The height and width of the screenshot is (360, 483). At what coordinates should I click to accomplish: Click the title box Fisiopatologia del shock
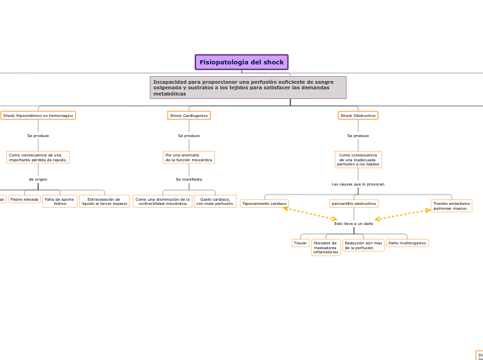click(241, 62)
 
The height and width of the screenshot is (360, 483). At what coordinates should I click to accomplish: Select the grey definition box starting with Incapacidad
click(247, 88)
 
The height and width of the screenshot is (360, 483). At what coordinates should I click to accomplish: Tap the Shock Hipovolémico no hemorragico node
click(38, 116)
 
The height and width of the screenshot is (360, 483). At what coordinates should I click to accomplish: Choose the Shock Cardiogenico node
click(188, 116)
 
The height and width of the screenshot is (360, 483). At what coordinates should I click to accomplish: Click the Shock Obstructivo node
click(358, 116)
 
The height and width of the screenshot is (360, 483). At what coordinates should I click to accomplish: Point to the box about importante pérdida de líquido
click(38, 157)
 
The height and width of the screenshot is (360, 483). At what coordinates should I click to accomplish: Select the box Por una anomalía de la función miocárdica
click(188, 157)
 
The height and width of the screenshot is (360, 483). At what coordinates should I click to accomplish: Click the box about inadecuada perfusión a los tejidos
click(358, 160)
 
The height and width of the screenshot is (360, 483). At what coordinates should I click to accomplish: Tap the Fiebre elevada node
click(24, 199)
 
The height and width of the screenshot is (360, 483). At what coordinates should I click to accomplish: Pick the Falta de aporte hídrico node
click(60, 201)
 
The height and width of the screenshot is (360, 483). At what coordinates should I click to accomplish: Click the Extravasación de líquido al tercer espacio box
click(104, 201)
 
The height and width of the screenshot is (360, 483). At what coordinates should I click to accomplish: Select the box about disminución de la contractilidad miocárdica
click(162, 201)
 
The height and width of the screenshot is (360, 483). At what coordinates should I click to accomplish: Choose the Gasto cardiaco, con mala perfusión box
click(215, 201)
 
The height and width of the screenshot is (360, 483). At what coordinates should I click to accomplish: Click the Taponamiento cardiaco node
click(264, 204)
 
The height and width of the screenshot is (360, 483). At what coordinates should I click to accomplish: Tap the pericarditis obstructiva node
click(353, 204)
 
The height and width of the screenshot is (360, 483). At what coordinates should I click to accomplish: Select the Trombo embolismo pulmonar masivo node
click(451, 206)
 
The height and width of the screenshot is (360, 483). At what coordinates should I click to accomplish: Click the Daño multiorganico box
click(407, 243)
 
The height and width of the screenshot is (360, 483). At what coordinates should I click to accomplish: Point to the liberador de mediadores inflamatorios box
click(326, 248)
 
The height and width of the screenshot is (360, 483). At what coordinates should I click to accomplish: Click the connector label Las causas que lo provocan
click(358, 184)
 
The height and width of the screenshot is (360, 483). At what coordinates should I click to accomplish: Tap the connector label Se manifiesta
click(188, 179)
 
